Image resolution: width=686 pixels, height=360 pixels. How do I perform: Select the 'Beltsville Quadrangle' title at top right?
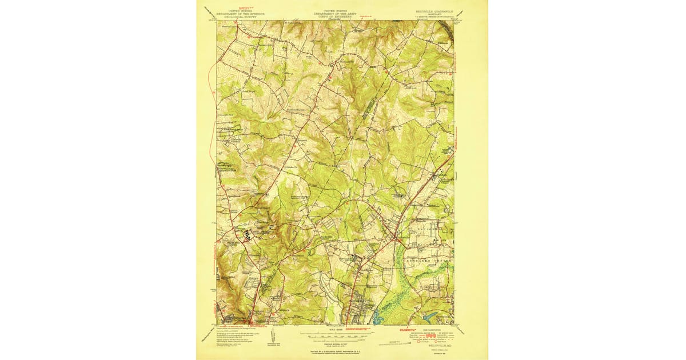[433, 11]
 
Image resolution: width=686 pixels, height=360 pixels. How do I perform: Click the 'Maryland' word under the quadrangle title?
[433, 14]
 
